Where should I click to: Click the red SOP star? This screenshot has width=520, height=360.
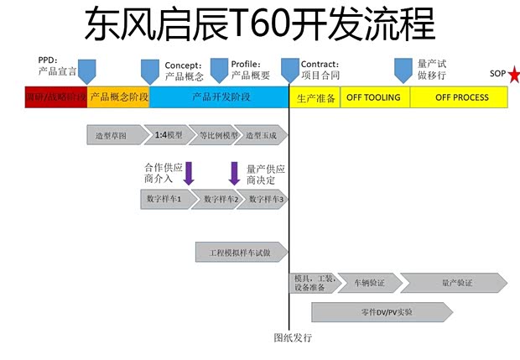tap(513, 76)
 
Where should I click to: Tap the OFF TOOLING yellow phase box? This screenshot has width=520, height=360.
tap(375, 97)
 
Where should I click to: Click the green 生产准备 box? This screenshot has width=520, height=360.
tap(315, 97)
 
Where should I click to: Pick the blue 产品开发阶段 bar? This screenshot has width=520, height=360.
tap(220, 97)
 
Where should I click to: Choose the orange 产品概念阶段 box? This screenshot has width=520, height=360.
tap(118, 97)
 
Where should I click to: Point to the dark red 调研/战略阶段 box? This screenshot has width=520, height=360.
tap(56, 97)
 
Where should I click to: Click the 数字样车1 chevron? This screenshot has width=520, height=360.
tap(166, 199)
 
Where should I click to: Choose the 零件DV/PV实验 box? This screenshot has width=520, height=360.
tap(382, 312)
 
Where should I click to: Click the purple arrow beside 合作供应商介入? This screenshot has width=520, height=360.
tap(189, 173)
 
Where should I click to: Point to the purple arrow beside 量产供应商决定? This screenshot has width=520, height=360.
tap(235, 173)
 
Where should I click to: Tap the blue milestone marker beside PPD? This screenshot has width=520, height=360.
tap(87, 69)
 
